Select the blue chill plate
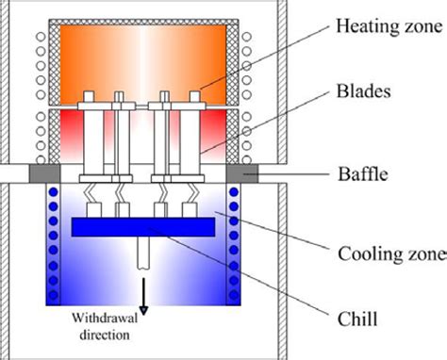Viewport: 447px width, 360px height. point(142,227)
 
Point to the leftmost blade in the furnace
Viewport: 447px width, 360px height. point(92,132)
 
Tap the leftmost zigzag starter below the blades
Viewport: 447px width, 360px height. point(93,201)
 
